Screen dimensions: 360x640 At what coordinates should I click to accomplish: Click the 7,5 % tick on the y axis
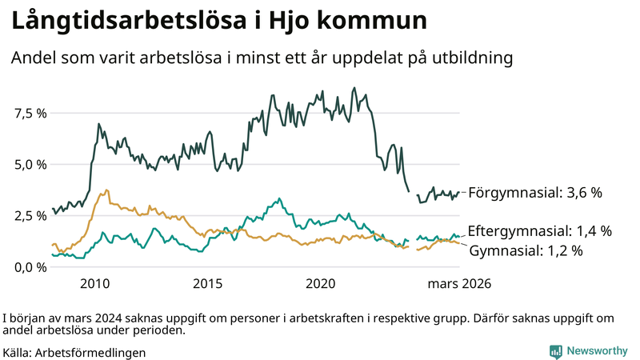coord(30,113)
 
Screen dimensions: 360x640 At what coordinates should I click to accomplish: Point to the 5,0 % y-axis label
coord(30,164)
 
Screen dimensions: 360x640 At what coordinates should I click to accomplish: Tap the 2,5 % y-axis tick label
coord(30,215)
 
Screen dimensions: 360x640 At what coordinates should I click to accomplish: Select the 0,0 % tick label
coord(30,266)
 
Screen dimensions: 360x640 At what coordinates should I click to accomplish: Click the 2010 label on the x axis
coord(94,284)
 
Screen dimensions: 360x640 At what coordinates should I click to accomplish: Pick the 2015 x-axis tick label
coord(208,284)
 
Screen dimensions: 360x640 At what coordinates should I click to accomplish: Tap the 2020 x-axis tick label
coord(321,284)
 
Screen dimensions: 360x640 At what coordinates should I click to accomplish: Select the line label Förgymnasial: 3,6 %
coord(534,193)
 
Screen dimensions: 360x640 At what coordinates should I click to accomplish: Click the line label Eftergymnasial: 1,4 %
coord(539,231)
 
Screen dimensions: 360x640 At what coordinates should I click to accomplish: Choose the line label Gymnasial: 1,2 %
coord(525,250)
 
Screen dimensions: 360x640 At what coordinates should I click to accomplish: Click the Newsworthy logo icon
coord(555,351)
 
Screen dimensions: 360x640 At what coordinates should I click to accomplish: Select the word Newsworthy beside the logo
coord(597,351)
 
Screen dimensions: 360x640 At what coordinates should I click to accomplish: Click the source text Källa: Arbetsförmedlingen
coord(75,352)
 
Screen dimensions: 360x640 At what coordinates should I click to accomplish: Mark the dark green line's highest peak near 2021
coord(354,88)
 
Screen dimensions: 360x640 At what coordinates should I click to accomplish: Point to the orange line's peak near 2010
coord(106,190)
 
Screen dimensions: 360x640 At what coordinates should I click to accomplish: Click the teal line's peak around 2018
coord(279,198)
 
